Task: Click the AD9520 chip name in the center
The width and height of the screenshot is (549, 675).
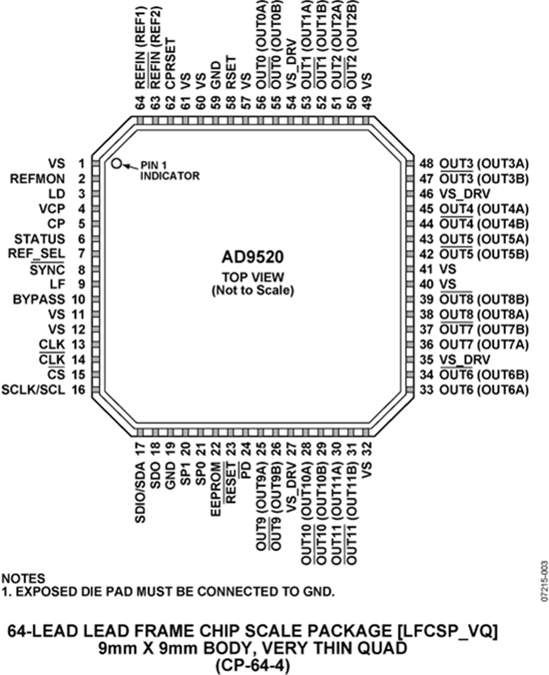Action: (253, 257)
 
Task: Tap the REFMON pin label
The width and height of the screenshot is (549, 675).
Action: (38, 179)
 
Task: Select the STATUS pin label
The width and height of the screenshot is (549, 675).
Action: (40, 239)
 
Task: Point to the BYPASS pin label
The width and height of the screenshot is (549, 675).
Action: (39, 299)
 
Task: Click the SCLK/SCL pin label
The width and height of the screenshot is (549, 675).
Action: (33, 390)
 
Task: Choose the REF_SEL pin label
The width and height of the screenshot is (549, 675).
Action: (37, 254)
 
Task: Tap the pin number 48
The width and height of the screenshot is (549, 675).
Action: (426, 163)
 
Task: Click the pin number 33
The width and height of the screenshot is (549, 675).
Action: (426, 390)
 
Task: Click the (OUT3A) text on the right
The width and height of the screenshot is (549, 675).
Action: (503, 163)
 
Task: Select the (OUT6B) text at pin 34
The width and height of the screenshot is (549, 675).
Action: (503, 374)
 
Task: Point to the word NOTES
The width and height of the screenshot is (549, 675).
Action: (23, 578)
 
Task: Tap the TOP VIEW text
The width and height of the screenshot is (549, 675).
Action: (253, 277)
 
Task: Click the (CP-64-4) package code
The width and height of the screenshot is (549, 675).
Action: (253, 665)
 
